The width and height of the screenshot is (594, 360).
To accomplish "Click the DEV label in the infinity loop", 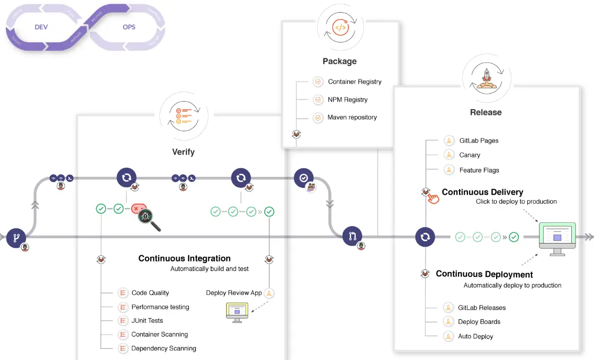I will pyautogui.click(x=41, y=26).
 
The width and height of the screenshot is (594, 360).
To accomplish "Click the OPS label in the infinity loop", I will pyautogui.click(x=129, y=26).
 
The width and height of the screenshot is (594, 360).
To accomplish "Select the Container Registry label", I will pyautogui.click(x=354, y=82).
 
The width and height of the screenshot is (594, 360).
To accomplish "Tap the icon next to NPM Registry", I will pyautogui.click(x=318, y=100).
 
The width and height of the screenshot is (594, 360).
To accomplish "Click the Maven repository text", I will pyautogui.click(x=352, y=117).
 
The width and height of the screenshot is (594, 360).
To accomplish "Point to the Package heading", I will pyautogui.click(x=339, y=61).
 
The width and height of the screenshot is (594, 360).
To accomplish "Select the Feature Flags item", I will pyautogui.click(x=479, y=170).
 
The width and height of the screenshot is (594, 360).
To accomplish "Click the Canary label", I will pyautogui.click(x=470, y=155).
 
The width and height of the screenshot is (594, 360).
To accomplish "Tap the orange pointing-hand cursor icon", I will pyautogui.click(x=434, y=199).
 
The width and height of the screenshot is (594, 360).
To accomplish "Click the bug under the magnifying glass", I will pyautogui.click(x=146, y=217).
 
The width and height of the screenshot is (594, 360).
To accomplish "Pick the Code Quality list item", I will pyautogui.click(x=150, y=293).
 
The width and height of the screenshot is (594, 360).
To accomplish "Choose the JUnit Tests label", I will pyautogui.click(x=147, y=321).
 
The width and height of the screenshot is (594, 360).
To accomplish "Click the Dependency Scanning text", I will pyautogui.click(x=164, y=348).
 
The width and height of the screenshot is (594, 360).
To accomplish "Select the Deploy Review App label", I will pyautogui.click(x=233, y=293).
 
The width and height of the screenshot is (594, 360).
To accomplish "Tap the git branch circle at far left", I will pyautogui.click(x=16, y=238).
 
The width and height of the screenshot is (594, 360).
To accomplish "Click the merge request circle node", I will pyautogui.click(x=352, y=236).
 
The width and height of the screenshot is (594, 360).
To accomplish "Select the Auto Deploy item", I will pyautogui.click(x=475, y=336).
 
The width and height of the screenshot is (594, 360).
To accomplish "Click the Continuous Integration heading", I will pyautogui.click(x=184, y=258).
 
